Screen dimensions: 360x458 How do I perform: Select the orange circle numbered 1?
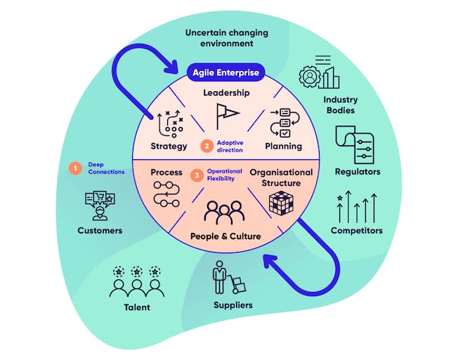click(x=74, y=168)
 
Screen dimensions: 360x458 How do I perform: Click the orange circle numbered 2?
click(x=206, y=147)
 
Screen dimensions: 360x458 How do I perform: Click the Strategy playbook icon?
click(x=169, y=124)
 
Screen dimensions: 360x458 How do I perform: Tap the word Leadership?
click(x=226, y=93)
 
